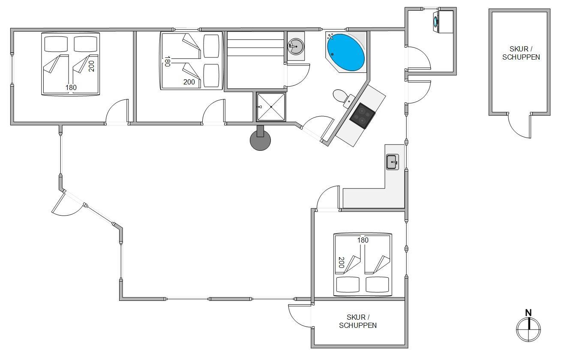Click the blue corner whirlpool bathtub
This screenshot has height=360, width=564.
[346, 52]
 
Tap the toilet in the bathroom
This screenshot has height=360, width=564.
[343, 97]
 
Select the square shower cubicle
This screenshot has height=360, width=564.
[271, 107]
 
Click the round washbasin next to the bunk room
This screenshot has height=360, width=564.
[296, 46]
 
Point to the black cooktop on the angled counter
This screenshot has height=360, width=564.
[362, 116]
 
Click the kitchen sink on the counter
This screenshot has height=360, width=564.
[393, 162]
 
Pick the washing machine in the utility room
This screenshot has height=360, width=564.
[443, 21]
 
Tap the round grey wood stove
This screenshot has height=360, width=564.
[260, 140]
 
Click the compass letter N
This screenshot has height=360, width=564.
[528, 313]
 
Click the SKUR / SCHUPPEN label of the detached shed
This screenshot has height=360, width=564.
[521, 53]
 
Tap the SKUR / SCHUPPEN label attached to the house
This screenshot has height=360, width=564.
[358, 321]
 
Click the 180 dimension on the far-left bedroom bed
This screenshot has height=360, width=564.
[71, 87]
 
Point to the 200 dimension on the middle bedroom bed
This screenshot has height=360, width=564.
[189, 82]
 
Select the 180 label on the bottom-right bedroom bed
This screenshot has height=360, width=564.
[363, 240]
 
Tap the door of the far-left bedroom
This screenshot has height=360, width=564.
[117, 111]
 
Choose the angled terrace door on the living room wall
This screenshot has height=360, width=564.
[67, 204]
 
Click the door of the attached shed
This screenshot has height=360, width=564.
[300, 316]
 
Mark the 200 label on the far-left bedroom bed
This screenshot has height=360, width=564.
[91, 66]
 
